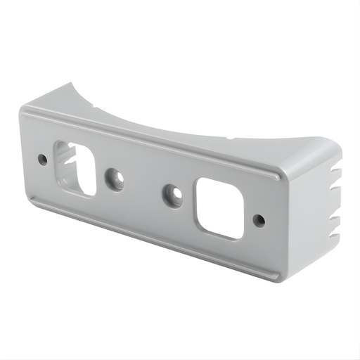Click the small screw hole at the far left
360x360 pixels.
click(43, 160)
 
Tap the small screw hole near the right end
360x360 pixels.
click(259, 220)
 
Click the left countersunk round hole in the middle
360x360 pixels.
click(115, 180)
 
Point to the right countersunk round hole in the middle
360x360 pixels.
click(172, 195)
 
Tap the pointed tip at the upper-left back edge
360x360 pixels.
click(72, 84)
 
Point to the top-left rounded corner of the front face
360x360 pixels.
click(26, 112)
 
